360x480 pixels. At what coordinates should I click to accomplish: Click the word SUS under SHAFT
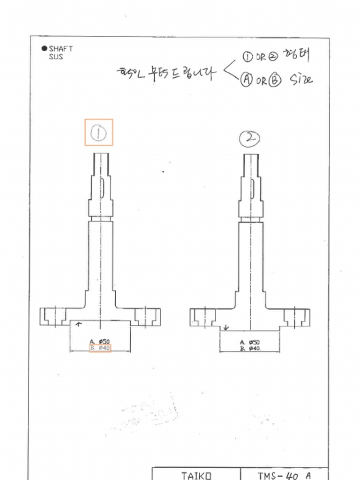tap(56, 57)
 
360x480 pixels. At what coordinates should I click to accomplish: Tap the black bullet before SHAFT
tap(45, 48)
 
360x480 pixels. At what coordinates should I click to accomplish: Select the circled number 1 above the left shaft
tap(98, 133)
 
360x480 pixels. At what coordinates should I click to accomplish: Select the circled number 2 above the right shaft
tap(249, 138)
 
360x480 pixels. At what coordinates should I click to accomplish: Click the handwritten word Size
tap(300, 79)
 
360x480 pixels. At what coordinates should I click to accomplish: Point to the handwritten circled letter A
tap(247, 80)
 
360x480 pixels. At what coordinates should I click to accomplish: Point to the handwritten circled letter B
tap(275, 80)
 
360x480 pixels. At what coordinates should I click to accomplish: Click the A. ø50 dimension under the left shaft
tap(100, 342)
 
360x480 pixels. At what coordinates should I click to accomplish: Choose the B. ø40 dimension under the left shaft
tap(100, 348)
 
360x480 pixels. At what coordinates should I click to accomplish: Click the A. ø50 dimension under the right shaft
tap(250, 342)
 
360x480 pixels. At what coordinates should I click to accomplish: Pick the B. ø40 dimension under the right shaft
tap(250, 349)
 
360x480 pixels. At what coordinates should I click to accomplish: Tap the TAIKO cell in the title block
tap(196, 475)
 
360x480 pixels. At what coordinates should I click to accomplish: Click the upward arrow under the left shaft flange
tap(78, 324)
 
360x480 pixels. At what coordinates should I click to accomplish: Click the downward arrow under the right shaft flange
tap(226, 327)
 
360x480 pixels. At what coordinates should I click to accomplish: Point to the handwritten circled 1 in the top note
tap(247, 57)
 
